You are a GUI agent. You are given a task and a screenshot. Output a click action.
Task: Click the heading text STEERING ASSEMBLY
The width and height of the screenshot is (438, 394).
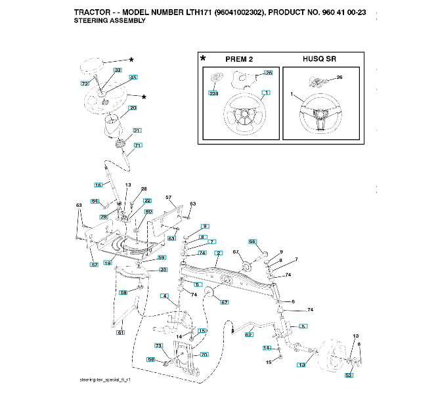110,21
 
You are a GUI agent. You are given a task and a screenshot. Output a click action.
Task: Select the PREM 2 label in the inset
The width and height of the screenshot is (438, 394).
239,59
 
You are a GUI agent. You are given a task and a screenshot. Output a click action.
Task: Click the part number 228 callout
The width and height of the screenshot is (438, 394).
213,94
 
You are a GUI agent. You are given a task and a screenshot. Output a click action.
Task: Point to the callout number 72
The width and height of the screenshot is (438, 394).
84,84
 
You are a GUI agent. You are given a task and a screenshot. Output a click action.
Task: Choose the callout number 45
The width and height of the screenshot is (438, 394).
133,77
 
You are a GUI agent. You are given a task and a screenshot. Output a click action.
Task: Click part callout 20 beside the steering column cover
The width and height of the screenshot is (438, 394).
133,108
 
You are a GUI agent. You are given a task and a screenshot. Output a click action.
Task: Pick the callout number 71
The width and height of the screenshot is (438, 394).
138,145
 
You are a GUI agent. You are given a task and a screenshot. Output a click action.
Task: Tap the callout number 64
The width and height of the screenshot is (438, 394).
95,201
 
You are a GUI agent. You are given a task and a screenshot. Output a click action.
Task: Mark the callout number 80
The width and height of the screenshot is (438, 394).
148,211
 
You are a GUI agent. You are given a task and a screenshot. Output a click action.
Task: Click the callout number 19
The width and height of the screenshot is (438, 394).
108,263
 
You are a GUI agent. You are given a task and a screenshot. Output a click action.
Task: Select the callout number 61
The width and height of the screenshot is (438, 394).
120,333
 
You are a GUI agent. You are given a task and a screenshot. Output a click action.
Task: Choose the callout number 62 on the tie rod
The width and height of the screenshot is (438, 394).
249,335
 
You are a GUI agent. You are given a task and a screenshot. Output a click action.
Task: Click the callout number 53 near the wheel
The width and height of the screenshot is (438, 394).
349,375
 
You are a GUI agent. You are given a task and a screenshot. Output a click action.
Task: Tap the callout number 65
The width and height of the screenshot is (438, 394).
252,242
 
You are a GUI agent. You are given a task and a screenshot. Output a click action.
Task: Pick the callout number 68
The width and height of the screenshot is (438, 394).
150,359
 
